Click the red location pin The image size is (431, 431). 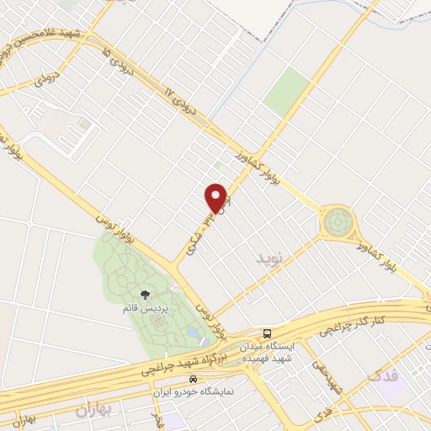pos(216,197)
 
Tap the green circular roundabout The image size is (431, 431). pos(338,223)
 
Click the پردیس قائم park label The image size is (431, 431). pos(148,309)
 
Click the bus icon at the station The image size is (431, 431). pos(268,333)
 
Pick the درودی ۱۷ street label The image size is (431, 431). pos(178,103)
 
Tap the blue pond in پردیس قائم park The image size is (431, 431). pos(194,336)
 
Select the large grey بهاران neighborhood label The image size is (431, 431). pos(93,412)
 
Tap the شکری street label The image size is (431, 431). pos(200,228)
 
